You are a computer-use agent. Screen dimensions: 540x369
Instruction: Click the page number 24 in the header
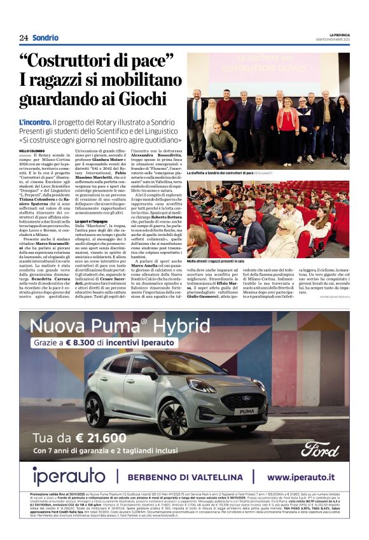coord(24,38)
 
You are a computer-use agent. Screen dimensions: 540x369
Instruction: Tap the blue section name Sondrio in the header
coord(45,38)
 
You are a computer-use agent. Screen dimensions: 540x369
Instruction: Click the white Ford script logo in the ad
coord(321,448)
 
